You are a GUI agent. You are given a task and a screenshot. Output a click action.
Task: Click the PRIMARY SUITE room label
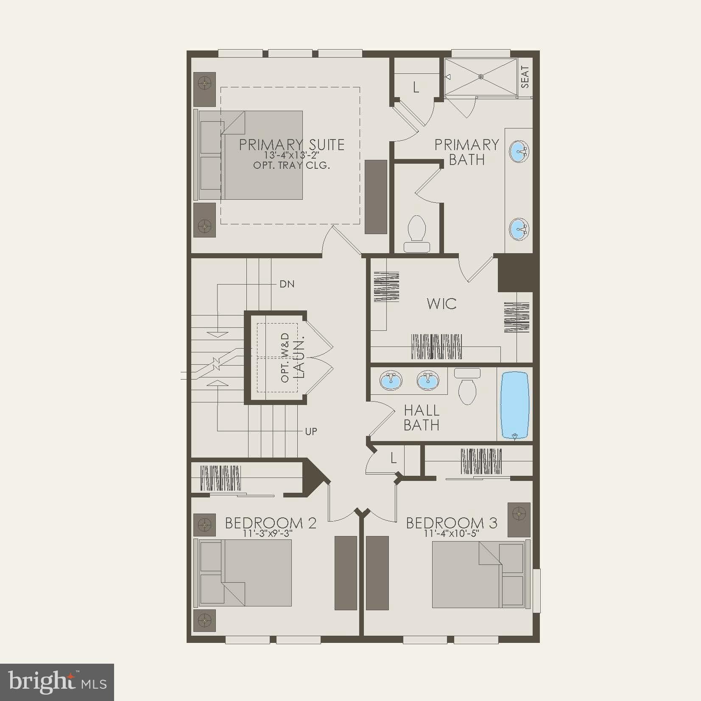292,145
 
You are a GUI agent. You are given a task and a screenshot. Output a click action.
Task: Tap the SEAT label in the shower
525,77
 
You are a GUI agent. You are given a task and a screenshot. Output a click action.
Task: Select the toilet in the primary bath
416,234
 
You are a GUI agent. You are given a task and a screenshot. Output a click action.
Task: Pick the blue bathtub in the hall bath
515,405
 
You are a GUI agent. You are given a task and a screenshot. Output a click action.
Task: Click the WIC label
441,304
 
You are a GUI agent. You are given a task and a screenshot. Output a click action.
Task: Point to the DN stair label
287,284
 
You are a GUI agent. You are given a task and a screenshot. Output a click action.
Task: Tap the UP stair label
311,432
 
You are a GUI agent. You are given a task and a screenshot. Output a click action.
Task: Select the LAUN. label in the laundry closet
299,358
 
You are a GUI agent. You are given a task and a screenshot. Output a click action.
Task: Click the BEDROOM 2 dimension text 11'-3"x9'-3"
268,533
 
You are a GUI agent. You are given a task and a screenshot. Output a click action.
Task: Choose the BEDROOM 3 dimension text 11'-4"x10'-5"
451,533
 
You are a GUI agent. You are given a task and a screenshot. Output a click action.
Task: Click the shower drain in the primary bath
481,77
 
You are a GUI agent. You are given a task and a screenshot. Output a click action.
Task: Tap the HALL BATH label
422,418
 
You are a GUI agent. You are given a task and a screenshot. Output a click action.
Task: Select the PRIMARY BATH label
466,152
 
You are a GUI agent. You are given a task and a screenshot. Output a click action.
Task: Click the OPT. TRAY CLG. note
291,165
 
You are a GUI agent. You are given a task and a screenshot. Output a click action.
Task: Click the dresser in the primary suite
376,197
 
